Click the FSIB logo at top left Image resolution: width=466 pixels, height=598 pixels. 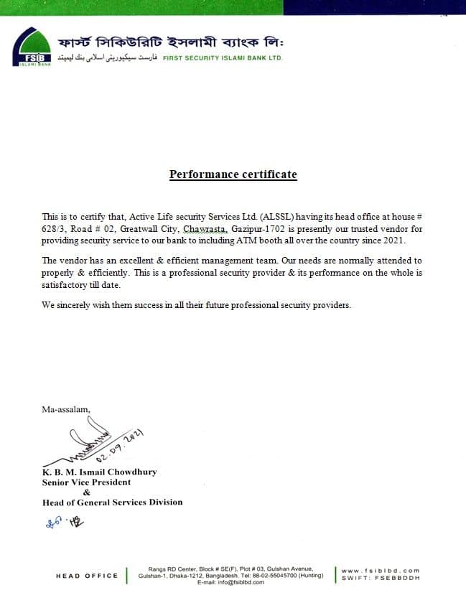32,47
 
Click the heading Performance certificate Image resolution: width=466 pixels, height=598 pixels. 233,174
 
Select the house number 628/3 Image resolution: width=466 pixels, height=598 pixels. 54,229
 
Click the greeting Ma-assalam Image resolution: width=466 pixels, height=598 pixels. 66,409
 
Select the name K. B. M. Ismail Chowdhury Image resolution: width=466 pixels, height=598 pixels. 99,472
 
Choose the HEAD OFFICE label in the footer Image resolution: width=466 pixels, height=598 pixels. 86,576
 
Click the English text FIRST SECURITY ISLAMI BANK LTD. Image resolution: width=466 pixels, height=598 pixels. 223,57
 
